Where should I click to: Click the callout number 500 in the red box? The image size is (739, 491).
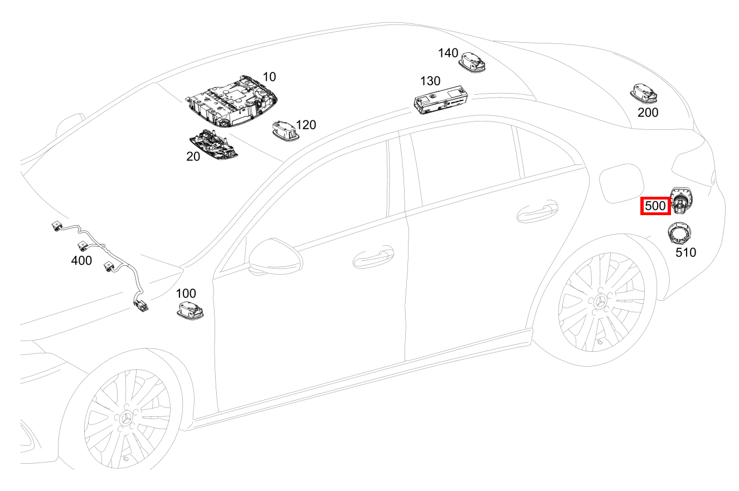pos(655,206)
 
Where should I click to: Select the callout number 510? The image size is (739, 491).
pos(686,252)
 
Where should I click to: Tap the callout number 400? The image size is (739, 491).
pos(81,261)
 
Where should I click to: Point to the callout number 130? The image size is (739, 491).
pos(430,81)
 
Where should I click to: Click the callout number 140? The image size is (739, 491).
pos(448,53)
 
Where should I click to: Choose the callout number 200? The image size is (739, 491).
pos(648,113)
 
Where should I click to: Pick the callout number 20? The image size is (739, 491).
pos(193,157)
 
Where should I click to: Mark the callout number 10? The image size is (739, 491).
pos(269,77)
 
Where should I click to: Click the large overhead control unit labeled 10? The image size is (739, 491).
pos(231,101)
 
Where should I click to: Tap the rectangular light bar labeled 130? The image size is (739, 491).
pos(441,100)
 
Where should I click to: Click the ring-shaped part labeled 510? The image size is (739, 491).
pos(679,232)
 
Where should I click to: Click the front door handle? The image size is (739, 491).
pos(373,257)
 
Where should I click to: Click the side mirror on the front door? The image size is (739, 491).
pos(276,256)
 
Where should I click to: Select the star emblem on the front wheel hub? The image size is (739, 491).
pos(127,419)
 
